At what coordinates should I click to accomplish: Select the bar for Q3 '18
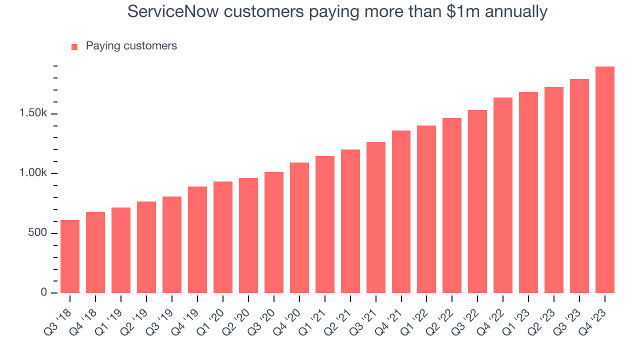[x=70, y=256]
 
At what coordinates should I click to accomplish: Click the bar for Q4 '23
[x=605, y=180]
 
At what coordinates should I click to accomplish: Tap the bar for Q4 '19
[x=197, y=239]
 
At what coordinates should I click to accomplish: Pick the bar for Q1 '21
[x=325, y=224]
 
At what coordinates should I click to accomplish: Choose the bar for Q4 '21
[x=401, y=211]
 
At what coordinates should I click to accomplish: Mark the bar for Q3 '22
[x=477, y=201]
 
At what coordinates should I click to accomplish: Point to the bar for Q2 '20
[x=248, y=235]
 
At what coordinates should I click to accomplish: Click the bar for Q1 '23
[x=528, y=192]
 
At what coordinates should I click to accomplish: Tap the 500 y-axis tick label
[x=37, y=233]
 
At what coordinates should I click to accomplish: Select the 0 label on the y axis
[x=44, y=292]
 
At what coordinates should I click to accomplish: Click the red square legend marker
[x=74, y=46]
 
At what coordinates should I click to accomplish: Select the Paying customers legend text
[x=131, y=46]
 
